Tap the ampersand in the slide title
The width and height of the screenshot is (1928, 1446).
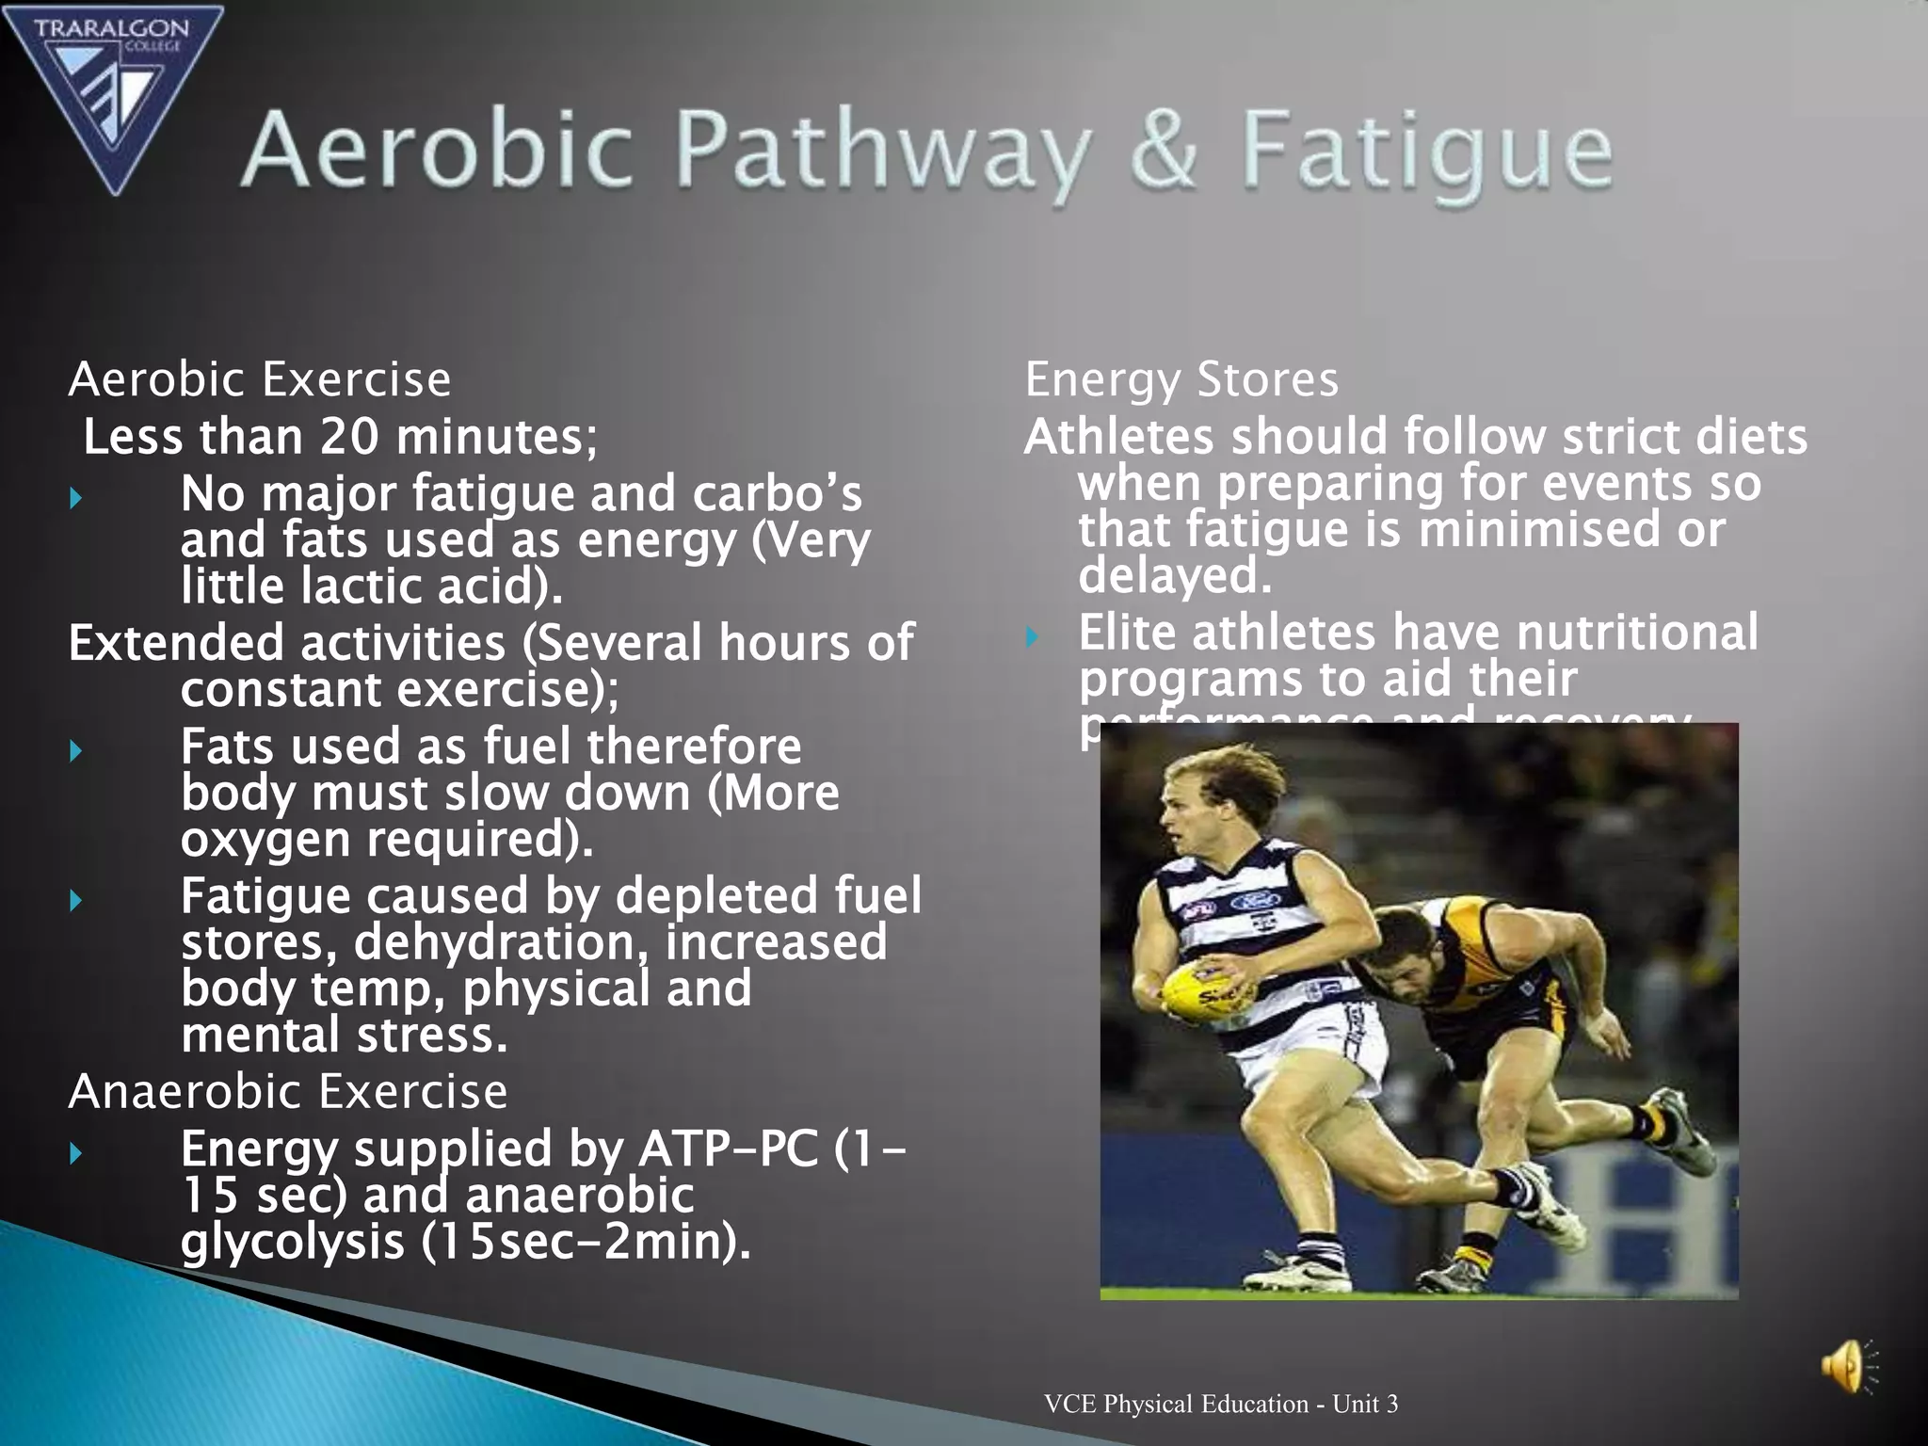pyautogui.click(x=1164, y=151)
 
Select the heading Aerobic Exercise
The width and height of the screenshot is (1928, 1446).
pyautogui.click(x=260, y=379)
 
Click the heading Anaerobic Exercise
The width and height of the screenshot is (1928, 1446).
pyautogui.click(x=288, y=1091)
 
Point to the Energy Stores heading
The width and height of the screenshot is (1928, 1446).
pyautogui.click(x=1181, y=379)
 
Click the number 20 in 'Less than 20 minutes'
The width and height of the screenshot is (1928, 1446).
pyautogui.click(x=349, y=437)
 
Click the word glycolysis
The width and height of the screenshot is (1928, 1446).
pyautogui.click(x=292, y=1241)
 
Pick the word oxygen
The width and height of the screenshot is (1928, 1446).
pyautogui.click(x=265, y=840)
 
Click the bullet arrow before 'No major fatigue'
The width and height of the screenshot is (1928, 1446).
pyautogui.click(x=76, y=496)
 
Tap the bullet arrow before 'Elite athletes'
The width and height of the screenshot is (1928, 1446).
pyautogui.click(x=1033, y=637)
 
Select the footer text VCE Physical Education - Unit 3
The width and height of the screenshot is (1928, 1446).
pyautogui.click(x=1220, y=1404)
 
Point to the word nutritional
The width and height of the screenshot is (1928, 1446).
pyautogui.click(x=1637, y=632)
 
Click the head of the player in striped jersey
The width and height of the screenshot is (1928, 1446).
pyautogui.click(x=1214, y=791)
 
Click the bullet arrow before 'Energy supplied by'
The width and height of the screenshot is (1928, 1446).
pyautogui.click(x=76, y=1152)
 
